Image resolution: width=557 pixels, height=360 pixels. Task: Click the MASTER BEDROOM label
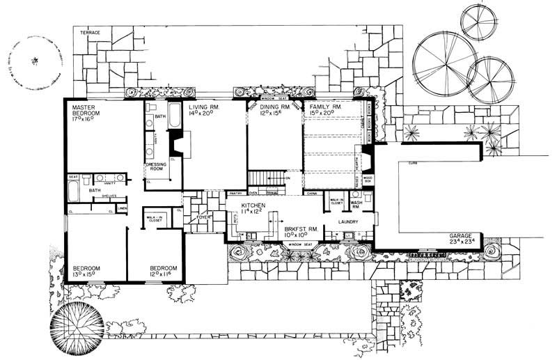point(89,108)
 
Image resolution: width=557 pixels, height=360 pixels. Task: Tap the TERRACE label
point(91,33)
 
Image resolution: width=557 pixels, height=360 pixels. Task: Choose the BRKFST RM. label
point(301,228)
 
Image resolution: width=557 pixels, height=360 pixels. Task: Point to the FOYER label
point(203,217)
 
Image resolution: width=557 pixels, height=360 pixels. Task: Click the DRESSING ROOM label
point(156,167)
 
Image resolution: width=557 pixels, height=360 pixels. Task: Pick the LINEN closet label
point(122,208)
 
